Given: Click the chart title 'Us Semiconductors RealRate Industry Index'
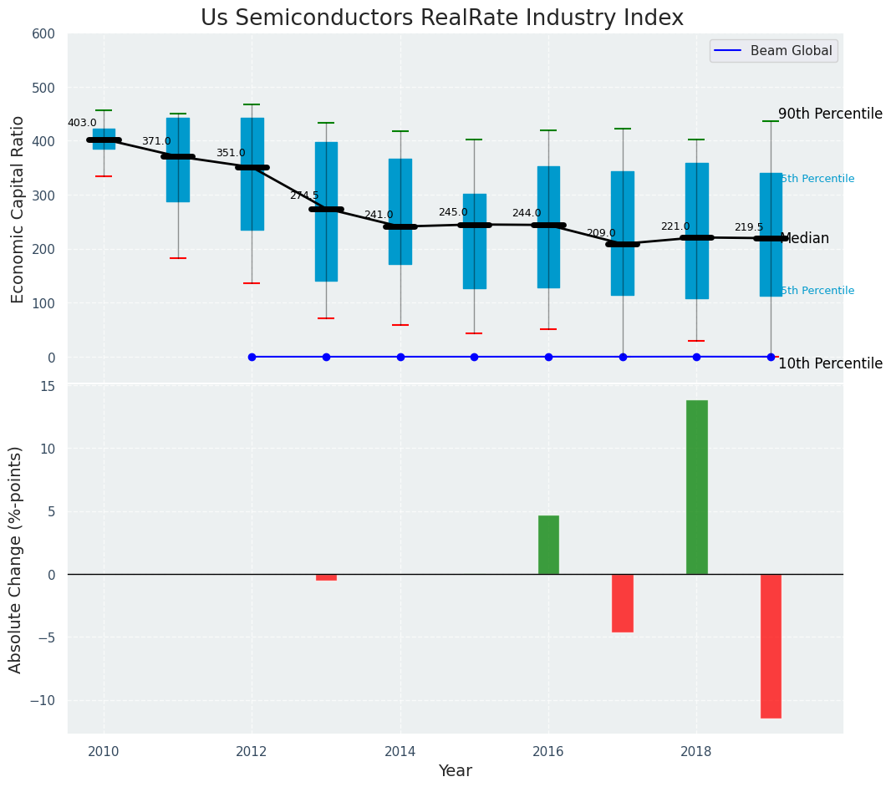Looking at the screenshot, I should [x=441, y=18].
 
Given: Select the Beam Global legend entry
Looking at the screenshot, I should [x=773, y=51].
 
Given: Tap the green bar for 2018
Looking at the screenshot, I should [x=696, y=487].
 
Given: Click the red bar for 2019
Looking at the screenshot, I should [x=771, y=646].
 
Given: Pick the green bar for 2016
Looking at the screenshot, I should [x=548, y=545].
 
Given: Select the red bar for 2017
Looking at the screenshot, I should [x=623, y=602].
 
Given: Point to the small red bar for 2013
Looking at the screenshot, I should [x=326, y=577].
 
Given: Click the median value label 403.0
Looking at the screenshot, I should [x=82, y=123].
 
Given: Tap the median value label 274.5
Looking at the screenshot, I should [x=304, y=195].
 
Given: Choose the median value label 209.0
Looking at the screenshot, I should [x=601, y=233].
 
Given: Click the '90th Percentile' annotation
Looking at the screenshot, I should [x=830, y=114].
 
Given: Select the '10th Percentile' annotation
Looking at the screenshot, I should [x=830, y=363].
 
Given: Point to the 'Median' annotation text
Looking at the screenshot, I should [x=804, y=239].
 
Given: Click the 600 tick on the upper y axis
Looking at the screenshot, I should [x=43, y=34].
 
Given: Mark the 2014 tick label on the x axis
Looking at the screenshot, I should [x=400, y=751].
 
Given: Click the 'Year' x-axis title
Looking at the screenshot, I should [x=456, y=771].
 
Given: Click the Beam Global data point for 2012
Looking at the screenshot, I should [x=252, y=357].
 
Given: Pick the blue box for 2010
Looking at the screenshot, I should [x=104, y=139].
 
